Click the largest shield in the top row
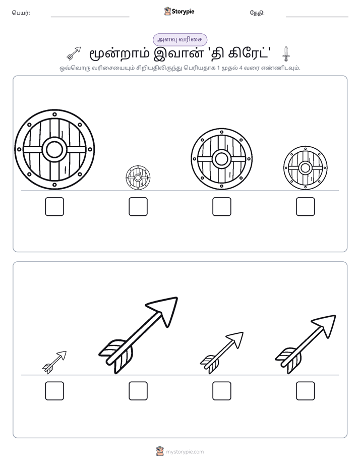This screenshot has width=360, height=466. (x=54, y=149)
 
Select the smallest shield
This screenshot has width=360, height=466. (x=138, y=178)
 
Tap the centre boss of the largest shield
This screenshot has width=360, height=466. (x=54, y=149)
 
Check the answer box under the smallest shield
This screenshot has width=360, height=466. (x=138, y=207)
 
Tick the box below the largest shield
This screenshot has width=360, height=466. (x=54, y=207)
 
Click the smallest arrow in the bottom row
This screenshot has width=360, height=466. (x=54, y=362)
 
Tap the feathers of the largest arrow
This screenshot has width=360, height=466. (x=116, y=356)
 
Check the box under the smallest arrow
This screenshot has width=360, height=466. (x=54, y=391)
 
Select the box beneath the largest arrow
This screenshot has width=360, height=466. (x=138, y=391)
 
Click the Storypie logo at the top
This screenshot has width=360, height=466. (x=179, y=11)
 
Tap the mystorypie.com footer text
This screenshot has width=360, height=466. (x=185, y=452)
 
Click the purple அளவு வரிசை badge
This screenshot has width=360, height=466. (x=180, y=39)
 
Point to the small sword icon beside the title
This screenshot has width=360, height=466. (x=286, y=54)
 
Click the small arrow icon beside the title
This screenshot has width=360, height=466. (x=74, y=53)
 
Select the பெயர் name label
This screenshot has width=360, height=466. (x=21, y=13)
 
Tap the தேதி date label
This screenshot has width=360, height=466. (x=257, y=13)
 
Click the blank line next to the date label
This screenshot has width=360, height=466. (x=317, y=17)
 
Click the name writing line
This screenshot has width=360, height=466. (x=90, y=17)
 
